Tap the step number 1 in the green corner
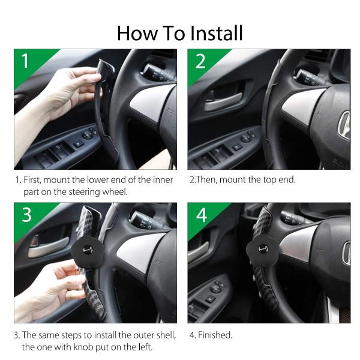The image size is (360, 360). pyautogui.click(x=25, y=61)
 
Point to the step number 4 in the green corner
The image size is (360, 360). pyautogui.click(x=201, y=215)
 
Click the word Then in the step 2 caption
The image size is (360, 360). pyautogui.click(x=207, y=179)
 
